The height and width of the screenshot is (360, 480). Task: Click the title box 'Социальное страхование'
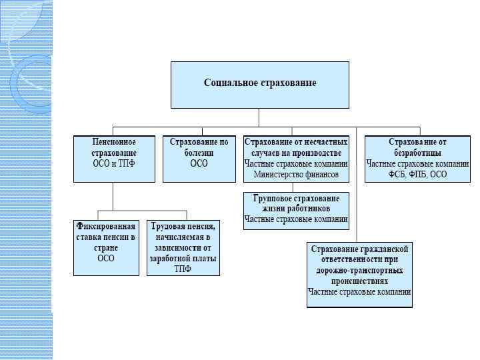coord(259,85)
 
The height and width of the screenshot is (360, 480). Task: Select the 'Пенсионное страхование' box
coord(113,159)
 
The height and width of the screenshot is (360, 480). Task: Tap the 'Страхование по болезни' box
coord(199,159)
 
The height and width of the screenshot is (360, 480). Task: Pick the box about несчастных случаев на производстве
coord(296,159)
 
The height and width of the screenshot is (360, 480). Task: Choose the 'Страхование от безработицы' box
coord(417,159)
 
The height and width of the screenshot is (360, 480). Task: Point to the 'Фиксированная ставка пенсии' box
coord(105,247)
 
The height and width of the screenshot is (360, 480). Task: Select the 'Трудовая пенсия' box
coord(183,247)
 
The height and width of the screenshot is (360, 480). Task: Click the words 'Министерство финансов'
coord(296,175)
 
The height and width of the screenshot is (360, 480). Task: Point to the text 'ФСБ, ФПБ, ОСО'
coord(418,175)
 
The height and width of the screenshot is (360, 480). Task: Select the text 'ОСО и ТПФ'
coord(113,164)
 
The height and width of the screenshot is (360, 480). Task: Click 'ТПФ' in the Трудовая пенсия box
coord(183,269)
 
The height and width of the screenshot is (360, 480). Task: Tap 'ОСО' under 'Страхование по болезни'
coord(199,164)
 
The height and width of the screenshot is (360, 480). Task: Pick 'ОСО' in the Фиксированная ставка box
coord(105,259)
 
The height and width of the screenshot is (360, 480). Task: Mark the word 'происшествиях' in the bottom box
coord(359,281)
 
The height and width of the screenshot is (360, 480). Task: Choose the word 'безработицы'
coord(418,153)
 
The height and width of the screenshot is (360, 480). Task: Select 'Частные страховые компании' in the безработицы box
coord(418,163)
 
